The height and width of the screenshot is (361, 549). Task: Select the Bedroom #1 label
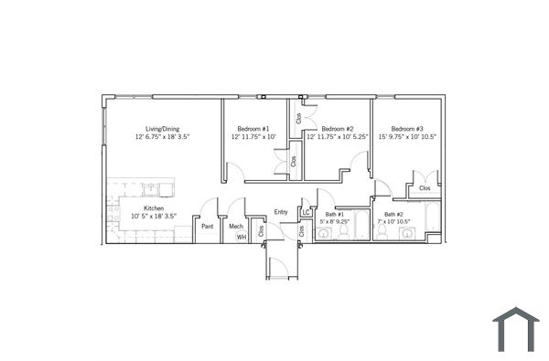253,129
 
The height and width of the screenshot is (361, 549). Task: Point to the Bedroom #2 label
337,129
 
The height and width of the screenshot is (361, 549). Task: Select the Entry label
282,213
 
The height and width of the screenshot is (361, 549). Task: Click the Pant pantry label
208,226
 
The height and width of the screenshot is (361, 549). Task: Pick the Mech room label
235,226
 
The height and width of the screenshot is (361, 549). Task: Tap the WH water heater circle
242,237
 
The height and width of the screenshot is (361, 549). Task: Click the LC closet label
306,214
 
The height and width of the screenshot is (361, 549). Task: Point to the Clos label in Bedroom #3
425,188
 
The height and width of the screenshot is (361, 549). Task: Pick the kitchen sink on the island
152,190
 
